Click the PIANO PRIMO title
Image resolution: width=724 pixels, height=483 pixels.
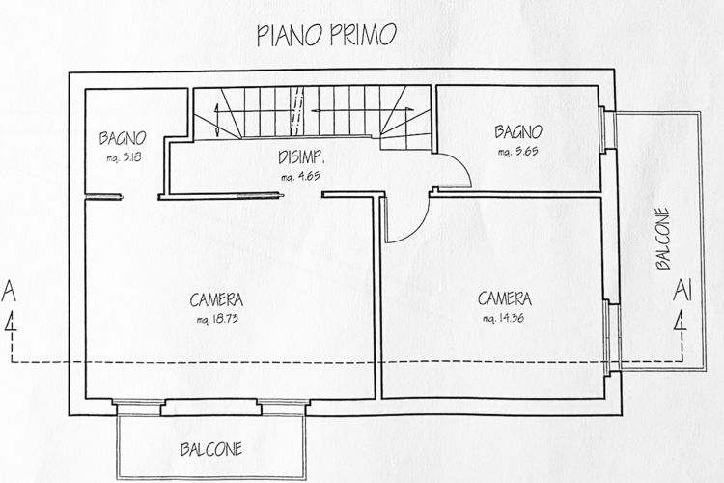point(326,35)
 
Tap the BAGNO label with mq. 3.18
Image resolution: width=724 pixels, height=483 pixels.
point(123,138)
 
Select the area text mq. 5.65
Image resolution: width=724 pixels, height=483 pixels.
point(517,151)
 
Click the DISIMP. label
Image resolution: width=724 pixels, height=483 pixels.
point(301,157)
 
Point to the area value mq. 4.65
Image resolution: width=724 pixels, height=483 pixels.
point(300,177)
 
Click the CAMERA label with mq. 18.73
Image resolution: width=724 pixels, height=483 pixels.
point(216,299)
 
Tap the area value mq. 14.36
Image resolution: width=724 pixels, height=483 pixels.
point(503,318)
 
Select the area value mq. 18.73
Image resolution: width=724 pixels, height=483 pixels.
point(217,319)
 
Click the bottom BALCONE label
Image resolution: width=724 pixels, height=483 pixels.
point(211,449)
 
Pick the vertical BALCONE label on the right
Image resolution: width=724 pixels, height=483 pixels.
point(662,239)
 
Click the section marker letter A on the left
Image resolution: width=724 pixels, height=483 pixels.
point(9,292)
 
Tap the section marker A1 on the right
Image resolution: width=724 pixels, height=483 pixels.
point(682,291)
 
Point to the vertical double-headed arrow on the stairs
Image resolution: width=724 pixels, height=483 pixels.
point(216,120)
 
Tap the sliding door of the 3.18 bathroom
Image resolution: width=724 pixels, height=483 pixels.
point(104,197)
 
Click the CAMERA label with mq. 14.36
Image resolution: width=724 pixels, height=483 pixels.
point(504,298)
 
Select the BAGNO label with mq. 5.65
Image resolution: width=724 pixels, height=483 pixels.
point(518,132)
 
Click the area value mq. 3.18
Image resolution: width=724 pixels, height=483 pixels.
point(124,157)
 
